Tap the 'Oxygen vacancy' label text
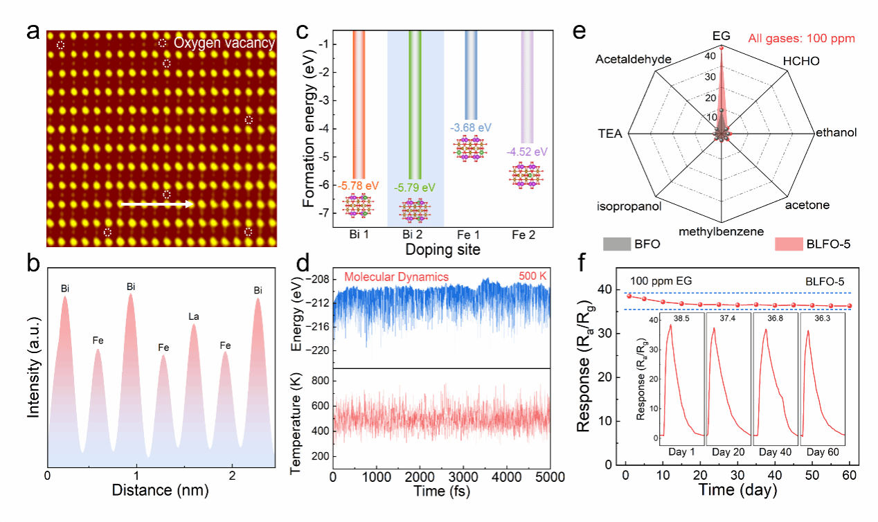[x=224, y=43]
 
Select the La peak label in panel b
[x=195, y=317]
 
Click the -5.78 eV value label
[x=358, y=186]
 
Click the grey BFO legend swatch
[x=616, y=244]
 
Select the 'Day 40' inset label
[x=776, y=451]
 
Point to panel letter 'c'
[x=302, y=32]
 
